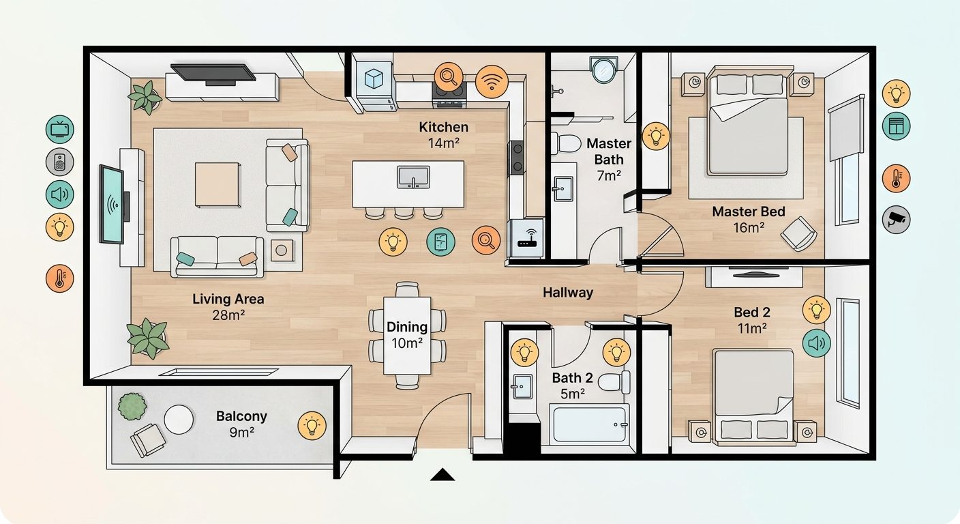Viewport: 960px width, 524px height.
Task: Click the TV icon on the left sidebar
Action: point(59,129)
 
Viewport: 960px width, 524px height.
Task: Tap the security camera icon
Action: point(896,220)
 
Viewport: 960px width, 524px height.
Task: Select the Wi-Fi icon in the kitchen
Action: point(492,81)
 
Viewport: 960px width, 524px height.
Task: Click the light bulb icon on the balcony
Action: point(312,425)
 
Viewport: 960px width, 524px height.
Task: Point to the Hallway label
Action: point(568,293)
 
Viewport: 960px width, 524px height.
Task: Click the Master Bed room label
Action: point(749,212)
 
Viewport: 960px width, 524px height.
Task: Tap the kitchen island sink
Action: point(413,177)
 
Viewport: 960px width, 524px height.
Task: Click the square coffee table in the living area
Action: point(217,184)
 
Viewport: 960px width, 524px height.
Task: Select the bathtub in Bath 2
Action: point(590,424)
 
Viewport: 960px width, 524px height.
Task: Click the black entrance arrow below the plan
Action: point(442,475)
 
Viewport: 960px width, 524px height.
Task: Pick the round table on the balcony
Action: point(179,420)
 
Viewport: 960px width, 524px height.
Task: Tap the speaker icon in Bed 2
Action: point(816,343)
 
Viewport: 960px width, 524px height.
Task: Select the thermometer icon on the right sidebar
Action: point(896,178)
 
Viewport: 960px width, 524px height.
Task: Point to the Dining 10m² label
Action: point(407,335)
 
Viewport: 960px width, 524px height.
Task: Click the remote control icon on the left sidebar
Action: point(59,162)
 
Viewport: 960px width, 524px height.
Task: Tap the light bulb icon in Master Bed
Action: point(656,136)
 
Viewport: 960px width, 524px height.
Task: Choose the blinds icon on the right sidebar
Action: point(896,126)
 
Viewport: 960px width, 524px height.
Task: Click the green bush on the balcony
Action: point(132,406)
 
